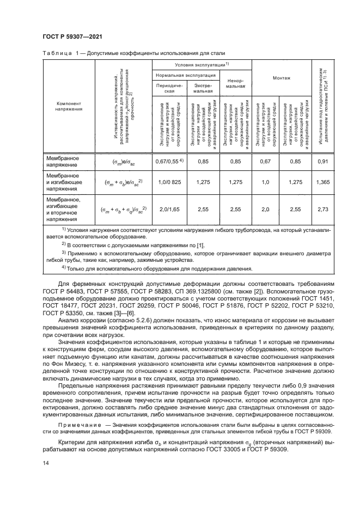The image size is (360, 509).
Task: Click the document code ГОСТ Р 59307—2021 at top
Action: (x=72, y=36)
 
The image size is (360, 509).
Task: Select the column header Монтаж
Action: (x=281, y=78)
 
